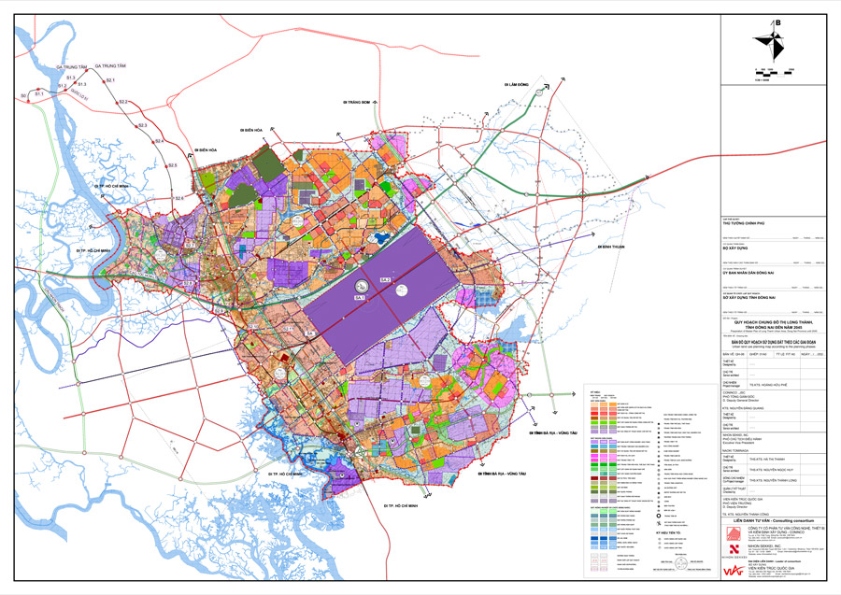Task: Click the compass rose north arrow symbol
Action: (x=775, y=45)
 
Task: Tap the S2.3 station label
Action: (x=143, y=124)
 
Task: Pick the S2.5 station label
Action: (x=172, y=165)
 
